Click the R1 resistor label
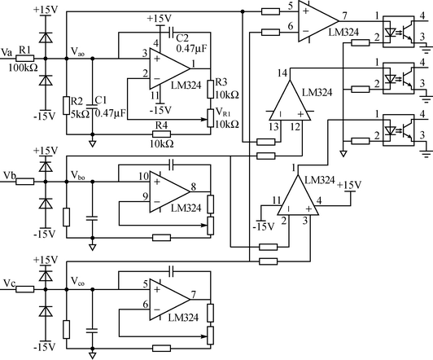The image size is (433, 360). (x=24, y=50)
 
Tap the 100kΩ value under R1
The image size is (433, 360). (x=23, y=68)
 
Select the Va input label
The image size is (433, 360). (x=7, y=52)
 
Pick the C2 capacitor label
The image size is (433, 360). (x=182, y=37)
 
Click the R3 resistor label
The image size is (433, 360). (x=221, y=82)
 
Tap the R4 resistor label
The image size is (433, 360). (x=161, y=125)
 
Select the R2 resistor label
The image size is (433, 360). (x=77, y=101)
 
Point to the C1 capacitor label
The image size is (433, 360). (x=101, y=100)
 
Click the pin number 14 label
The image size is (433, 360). (x=282, y=73)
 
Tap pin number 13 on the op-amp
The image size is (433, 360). (x=273, y=127)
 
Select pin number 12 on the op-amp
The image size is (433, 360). (x=295, y=127)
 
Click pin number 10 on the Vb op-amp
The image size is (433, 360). (x=143, y=176)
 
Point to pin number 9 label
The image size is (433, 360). (x=145, y=196)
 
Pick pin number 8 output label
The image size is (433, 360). (x=194, y=187)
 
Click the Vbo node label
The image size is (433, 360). (x=78, y=175)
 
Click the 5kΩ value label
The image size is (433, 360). (x=80, y=113)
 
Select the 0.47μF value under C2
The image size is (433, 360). (x=191, y=48)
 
